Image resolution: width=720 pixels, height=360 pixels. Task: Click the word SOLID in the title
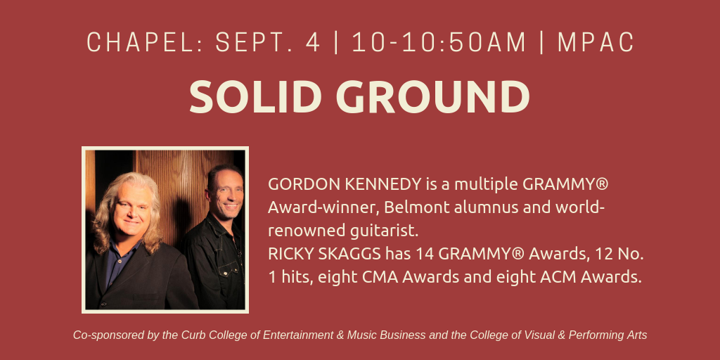(x=255, y=97)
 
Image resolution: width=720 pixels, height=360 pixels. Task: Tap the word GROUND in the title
(x=433, y=97)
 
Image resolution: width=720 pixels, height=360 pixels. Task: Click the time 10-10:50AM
(x=439, y=42)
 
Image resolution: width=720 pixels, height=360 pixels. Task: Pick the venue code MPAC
(x=596, y=42)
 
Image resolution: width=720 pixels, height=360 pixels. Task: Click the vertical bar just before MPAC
(x=542, y=42)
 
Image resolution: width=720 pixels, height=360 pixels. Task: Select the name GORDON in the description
(x=304, y=184)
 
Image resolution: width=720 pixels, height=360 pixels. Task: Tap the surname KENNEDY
(x=383, y=184)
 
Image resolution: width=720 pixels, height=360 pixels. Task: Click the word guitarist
(x=385, y=231)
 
